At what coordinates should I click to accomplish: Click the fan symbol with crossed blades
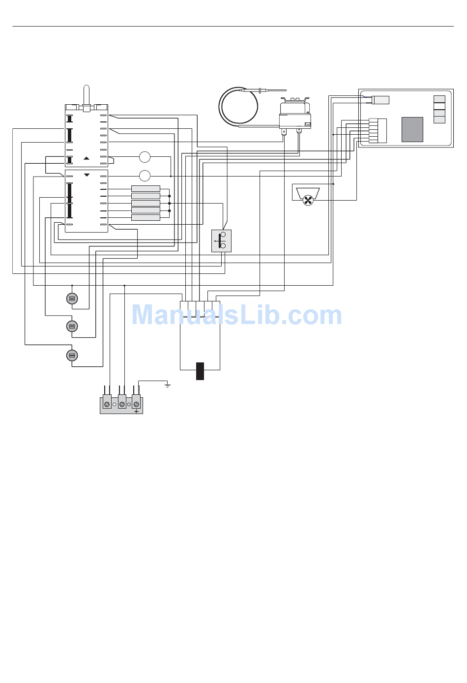308,201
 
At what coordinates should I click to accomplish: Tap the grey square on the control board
412,130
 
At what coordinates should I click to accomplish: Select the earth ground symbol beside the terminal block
168,385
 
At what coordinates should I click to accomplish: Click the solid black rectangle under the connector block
200,371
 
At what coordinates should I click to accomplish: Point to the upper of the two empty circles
145,157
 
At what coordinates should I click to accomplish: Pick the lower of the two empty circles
145,176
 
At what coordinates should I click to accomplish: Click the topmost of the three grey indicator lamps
72,298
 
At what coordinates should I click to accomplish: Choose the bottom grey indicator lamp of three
72,356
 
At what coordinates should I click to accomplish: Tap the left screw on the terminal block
107,404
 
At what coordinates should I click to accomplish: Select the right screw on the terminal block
137,404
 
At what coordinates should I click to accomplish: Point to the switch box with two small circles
221,241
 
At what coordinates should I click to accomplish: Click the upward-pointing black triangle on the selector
87,158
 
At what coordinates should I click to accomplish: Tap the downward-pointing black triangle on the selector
87,175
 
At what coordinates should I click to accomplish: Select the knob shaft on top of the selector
87,95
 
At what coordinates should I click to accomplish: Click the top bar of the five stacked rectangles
146,188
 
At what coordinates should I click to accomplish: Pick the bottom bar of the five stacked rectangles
146,217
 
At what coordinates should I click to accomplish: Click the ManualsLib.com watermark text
236,315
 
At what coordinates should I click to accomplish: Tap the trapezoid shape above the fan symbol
308,192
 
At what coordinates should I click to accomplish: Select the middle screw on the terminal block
122,404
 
